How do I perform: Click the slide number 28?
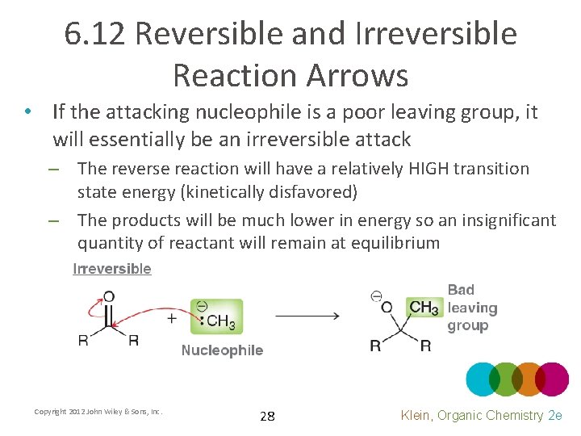pos(267,417)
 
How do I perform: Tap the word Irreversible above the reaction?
pos(112,269)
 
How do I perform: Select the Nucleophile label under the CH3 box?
pos(222,350)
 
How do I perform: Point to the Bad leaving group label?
pos(472,308)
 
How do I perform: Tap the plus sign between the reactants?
pos(172,318)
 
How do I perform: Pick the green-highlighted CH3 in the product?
pos(424,308)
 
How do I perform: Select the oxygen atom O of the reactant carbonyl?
pos(109,296)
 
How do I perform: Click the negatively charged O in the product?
pos(387,307)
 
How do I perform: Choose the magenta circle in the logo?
pos(552,379)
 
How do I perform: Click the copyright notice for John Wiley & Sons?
pos(98,412)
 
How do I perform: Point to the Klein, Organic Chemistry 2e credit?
pos(481,415)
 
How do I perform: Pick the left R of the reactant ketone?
pos(83,340)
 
